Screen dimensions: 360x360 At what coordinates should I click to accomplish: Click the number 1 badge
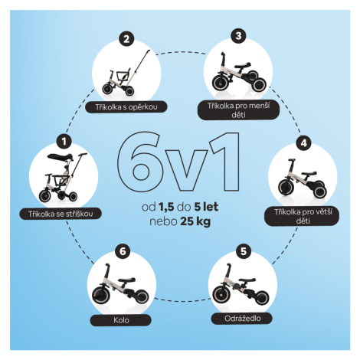point(64,141)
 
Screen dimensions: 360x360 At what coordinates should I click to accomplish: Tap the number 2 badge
point(126,39)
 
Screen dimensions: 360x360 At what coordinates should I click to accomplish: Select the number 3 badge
point(238,35)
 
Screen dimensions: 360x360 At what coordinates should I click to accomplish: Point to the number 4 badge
point(303,143)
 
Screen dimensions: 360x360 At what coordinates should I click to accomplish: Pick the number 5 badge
point(244,251)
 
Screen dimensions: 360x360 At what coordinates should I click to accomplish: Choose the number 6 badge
point(123,251)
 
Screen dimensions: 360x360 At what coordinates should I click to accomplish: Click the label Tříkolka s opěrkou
point(126,107)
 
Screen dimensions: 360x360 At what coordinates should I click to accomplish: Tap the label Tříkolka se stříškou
point(61,214)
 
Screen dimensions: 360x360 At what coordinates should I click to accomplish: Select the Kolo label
point(121,320)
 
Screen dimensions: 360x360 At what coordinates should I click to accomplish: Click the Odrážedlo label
point(242,319)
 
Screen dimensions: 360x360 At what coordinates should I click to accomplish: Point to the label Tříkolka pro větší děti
point(303,216)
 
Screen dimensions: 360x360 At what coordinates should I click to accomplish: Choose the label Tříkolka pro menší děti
point(238,110)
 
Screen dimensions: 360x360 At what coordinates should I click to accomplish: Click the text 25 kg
point(195,221)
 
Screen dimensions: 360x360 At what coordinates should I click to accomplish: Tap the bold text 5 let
point(206,207)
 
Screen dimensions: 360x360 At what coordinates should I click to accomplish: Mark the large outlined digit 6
point(139,162)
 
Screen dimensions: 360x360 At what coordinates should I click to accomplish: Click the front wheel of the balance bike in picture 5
point(221,295)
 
